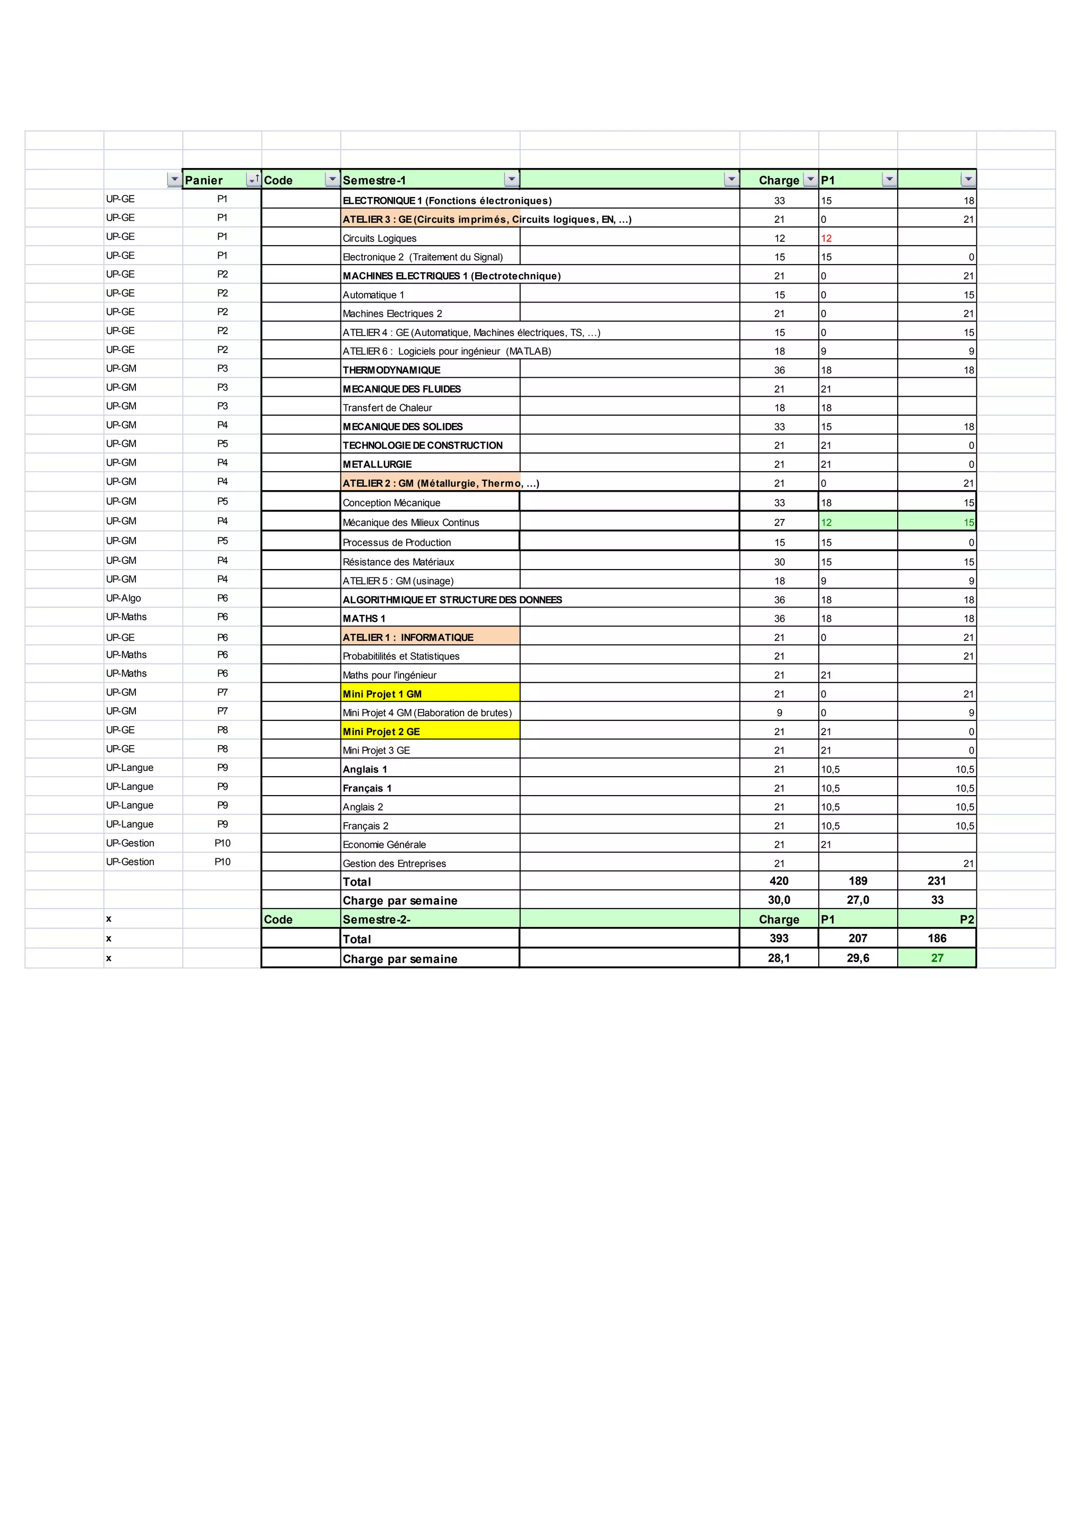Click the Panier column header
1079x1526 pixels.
tap(204, 180)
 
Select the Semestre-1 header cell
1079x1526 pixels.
tap(374, 180)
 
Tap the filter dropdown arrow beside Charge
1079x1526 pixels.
tap(810, 180)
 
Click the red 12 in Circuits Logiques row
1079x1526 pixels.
tap(826, 239)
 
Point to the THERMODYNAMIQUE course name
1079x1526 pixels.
tap(391, 370)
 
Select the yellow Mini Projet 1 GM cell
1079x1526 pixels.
tap(382, 694)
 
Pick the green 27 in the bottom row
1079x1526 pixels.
tap(937, 958)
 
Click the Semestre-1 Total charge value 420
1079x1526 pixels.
tap(779, 882)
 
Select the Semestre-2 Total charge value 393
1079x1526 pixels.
tap(779, 938)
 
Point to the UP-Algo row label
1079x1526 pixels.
tap(124, 598)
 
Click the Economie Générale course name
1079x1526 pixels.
tap(384, 845)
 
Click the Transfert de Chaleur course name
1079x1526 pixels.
tap(387, 408)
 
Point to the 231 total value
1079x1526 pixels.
tap(937, 882)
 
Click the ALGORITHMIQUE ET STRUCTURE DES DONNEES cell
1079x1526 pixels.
tap(452, 600)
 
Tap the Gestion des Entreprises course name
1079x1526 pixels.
tap(394, 863)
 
